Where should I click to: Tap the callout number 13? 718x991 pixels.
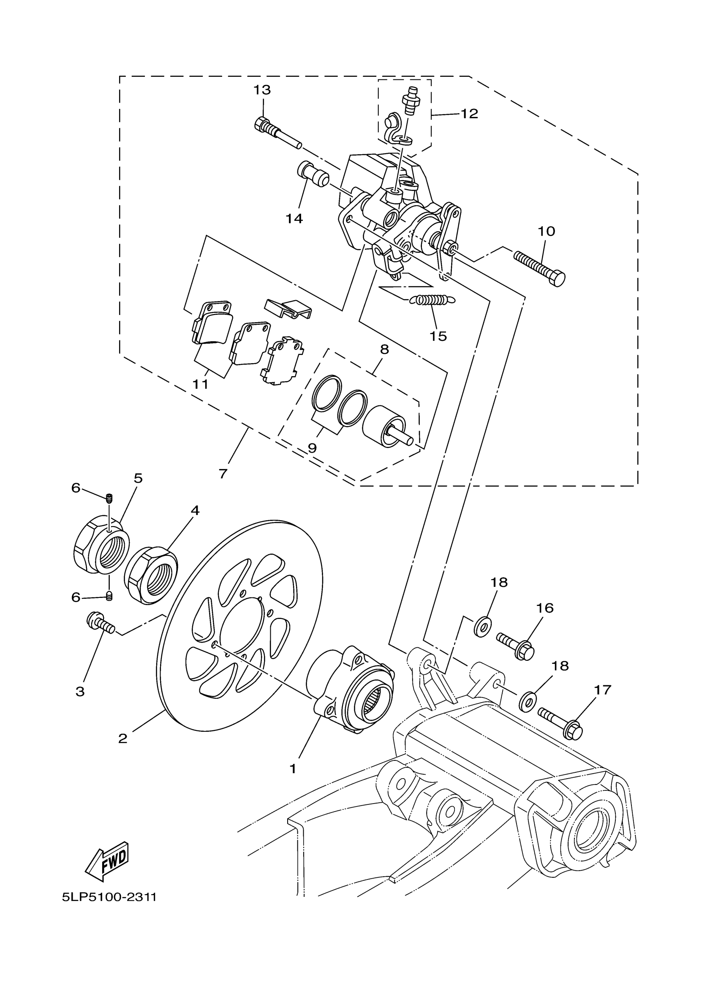[262, 90]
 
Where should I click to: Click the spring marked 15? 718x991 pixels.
[432, 300]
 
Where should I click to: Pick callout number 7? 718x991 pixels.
[223, 474]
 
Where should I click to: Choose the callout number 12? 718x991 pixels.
[469, 114]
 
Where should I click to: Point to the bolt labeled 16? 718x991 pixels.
[516, 646]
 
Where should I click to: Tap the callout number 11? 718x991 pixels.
[201, 384]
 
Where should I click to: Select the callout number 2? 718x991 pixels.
[123, 738]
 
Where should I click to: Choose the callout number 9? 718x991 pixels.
[312, 448]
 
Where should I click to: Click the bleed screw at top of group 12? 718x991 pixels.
[411, 100]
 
